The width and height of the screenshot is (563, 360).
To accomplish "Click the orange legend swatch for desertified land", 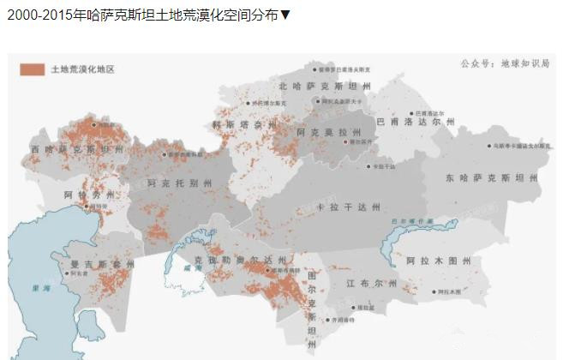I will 32,69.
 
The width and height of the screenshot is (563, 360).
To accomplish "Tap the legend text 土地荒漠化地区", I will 82,69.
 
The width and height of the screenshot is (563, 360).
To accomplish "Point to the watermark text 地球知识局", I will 525,63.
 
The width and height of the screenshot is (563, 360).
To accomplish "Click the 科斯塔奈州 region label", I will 245,125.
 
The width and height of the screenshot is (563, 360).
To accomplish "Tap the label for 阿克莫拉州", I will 329,133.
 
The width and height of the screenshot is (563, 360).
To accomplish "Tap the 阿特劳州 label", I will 88,196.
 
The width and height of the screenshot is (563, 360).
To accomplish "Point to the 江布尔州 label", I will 372,283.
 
